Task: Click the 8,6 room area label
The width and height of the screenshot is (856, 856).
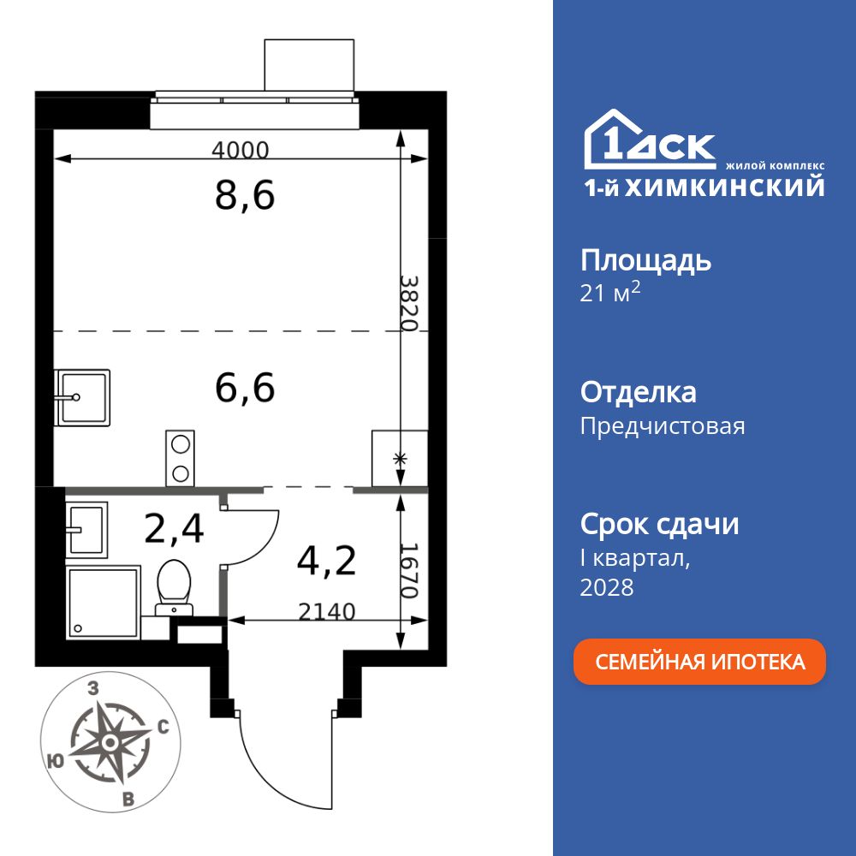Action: coord(245,196)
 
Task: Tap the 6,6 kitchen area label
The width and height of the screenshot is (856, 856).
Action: coord(245,388)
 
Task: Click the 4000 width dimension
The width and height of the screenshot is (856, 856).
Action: coord(241,151)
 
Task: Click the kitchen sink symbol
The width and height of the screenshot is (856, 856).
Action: coord(82,397)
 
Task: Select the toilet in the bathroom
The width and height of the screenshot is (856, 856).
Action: coord(175,586)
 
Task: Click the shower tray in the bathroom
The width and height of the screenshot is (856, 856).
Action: coord(103,603)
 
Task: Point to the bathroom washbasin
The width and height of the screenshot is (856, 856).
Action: coord(86,528)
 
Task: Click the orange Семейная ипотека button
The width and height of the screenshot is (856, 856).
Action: coord(699,662)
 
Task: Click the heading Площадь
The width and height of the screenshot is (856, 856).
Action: coord(645,260)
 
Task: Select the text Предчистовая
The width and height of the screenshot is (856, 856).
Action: coord(663,425)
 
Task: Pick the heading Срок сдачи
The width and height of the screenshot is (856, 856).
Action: coord(659,524)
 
